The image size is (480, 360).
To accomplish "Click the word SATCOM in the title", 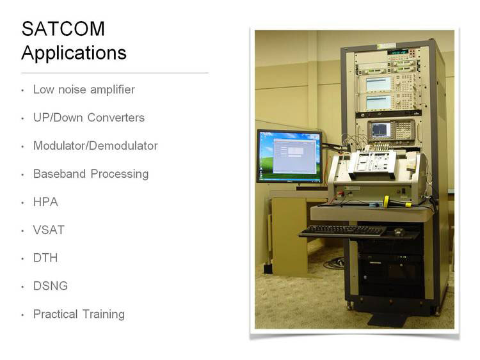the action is coord(63,29).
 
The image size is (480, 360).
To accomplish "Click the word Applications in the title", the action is coord(74,53).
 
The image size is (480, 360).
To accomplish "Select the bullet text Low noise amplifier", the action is coord(84,90).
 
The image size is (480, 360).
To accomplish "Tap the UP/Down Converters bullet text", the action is coord(89,118).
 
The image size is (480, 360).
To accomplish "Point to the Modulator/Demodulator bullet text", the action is coord(95,146).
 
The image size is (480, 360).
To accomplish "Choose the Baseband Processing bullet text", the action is coord(91,174).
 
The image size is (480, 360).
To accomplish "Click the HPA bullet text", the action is coord(45,202).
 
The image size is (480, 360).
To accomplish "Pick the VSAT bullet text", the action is coord(49,230).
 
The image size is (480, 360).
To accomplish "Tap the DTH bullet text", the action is coord(45,258).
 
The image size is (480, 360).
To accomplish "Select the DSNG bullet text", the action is coord(51,286).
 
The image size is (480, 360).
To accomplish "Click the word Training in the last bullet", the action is coord(104,315).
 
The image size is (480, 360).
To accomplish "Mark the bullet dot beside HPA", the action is coord(22,203).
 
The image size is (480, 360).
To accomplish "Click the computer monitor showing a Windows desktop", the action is coord(289,157).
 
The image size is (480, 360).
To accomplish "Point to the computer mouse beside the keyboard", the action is coord(399,231).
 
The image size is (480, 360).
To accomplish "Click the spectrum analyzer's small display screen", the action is coord(380,130).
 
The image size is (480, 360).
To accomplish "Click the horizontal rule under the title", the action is coord(115,73).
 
